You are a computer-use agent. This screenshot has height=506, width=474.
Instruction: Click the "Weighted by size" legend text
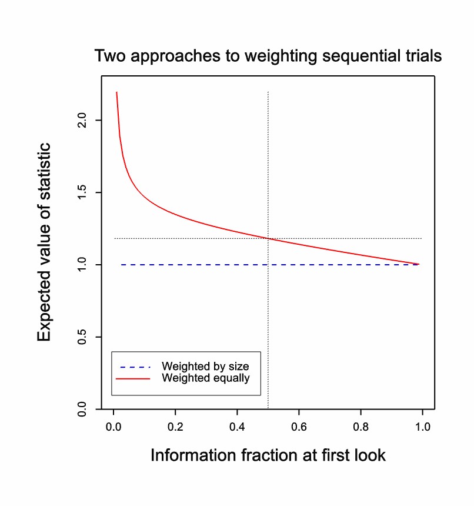point(205,367)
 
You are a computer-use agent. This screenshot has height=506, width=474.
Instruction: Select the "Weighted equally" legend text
point(205,378)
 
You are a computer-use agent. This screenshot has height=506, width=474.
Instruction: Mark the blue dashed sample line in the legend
point(133,367)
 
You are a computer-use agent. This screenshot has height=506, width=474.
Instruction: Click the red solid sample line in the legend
point(133,378)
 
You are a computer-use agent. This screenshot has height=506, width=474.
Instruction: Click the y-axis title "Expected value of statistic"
point(45,242)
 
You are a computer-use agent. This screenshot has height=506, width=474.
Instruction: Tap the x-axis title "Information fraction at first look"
point(268,455)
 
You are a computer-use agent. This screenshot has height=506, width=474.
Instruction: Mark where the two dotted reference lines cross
point(268,238)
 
